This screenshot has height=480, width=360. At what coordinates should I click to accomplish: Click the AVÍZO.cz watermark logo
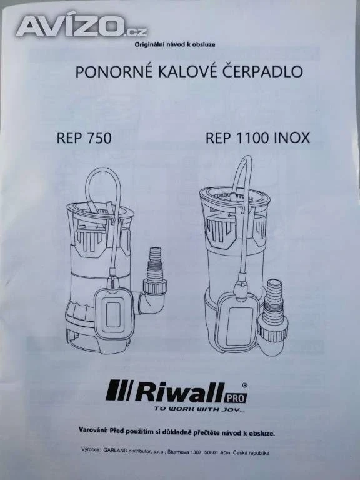point(81,27)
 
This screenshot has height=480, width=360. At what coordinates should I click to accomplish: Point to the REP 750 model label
point(84,137)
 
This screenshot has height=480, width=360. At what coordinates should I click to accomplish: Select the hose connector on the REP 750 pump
point(155,271)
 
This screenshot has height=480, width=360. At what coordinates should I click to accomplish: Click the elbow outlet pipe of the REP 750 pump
point(150,301)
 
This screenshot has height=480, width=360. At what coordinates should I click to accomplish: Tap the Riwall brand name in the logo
point(181,392)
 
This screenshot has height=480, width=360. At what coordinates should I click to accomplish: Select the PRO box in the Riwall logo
point(236,397)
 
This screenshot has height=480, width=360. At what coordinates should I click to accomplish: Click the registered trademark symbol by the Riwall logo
point(244,386)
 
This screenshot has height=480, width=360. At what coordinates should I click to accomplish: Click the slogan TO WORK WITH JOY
point(199,409)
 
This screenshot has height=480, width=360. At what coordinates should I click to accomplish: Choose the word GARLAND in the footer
point(116,450)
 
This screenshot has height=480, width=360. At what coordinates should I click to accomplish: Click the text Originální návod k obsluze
point(175,45)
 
